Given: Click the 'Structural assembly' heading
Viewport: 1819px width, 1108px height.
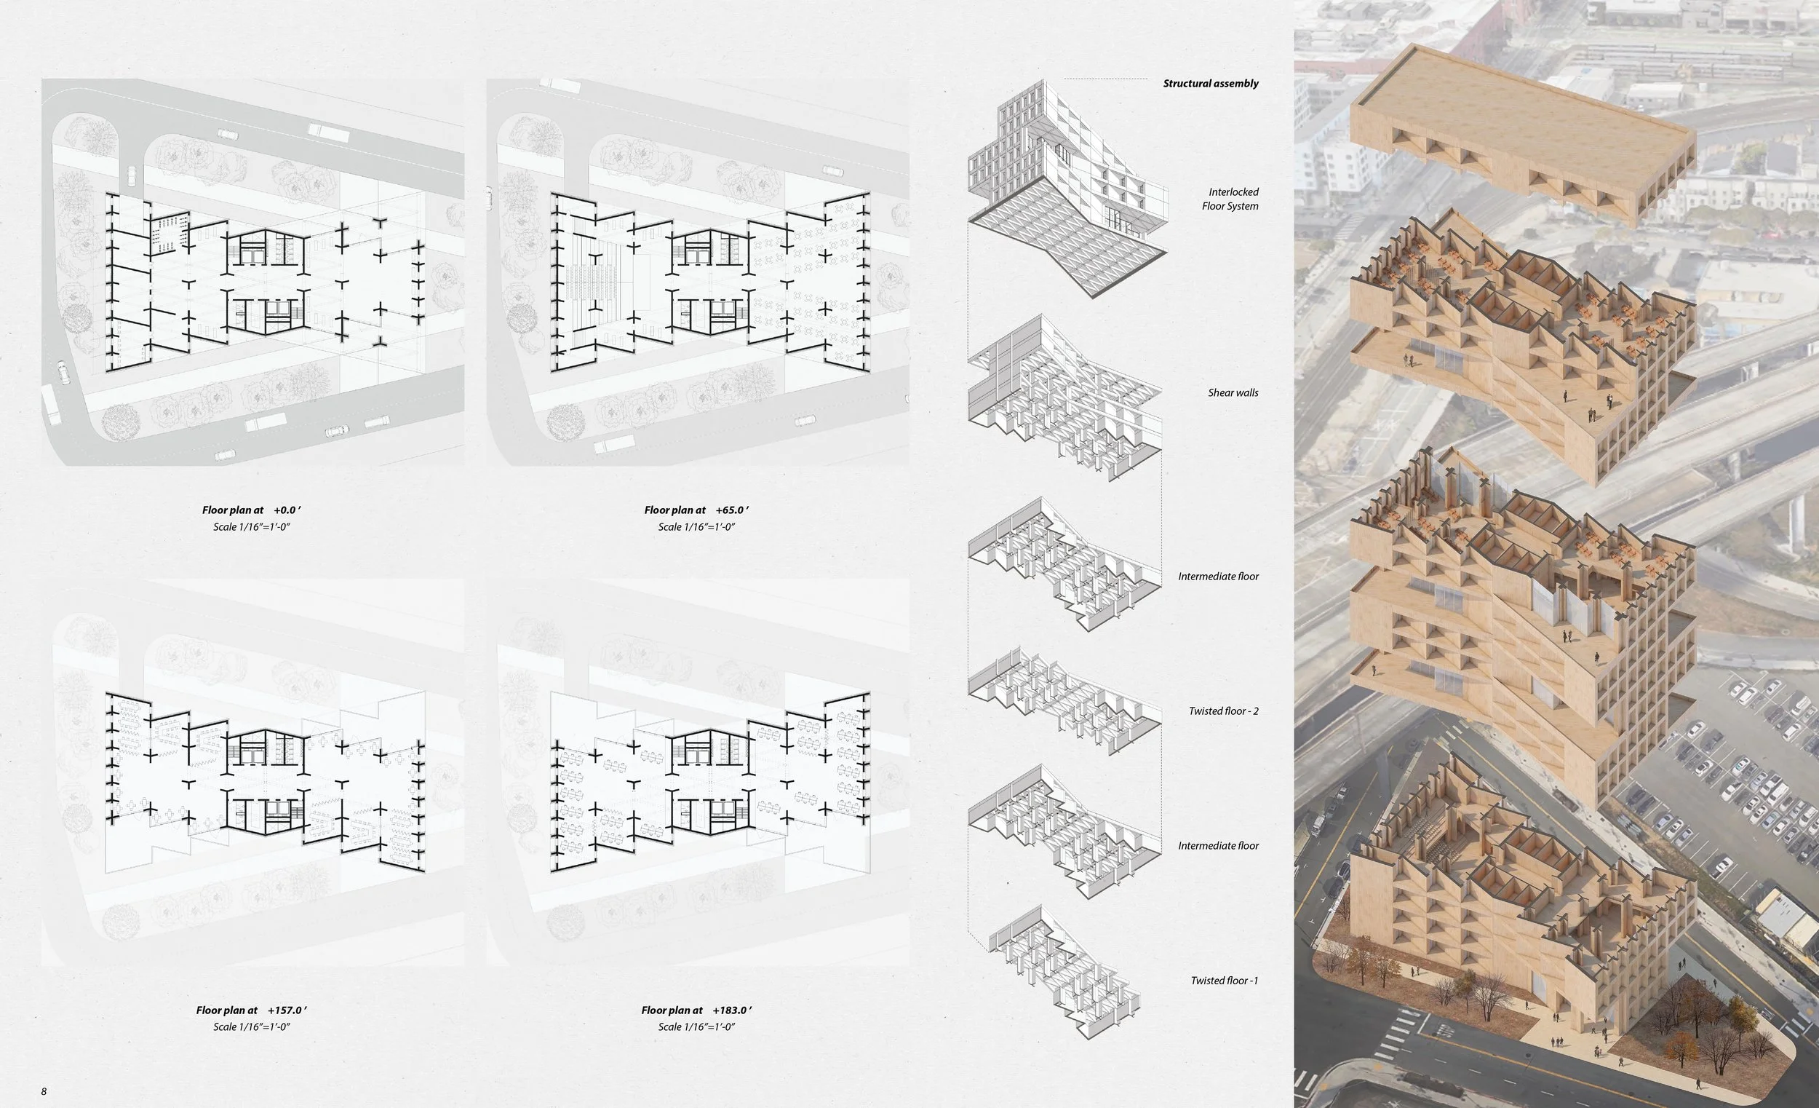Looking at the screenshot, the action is (1210, 84).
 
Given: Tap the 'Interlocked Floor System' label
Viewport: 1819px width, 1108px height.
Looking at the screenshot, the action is (1230, 199).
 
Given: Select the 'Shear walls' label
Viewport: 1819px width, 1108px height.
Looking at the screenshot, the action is (1233, 393).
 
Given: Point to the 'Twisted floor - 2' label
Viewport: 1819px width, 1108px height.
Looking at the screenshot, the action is (1223, 711).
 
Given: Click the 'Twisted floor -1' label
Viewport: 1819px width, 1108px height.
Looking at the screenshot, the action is (1224, 981).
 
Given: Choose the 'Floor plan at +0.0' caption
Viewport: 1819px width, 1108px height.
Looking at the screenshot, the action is (251, 510).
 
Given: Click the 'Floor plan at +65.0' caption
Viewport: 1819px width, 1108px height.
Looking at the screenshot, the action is (696, 510).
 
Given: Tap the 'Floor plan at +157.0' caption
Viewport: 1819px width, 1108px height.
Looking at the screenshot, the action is (251, 1010).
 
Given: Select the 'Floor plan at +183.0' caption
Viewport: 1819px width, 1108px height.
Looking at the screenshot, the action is (696, 1010).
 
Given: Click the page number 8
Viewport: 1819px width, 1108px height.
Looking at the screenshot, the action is (44, 1092).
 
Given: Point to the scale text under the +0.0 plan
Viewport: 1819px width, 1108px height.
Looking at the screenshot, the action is (251, 527).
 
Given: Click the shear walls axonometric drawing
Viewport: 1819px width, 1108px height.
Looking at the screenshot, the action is (1063, 399).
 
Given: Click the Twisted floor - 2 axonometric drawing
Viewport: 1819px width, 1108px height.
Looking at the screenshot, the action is (1063, 702).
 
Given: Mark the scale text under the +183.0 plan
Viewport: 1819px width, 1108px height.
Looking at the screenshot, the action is (696, 1027).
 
